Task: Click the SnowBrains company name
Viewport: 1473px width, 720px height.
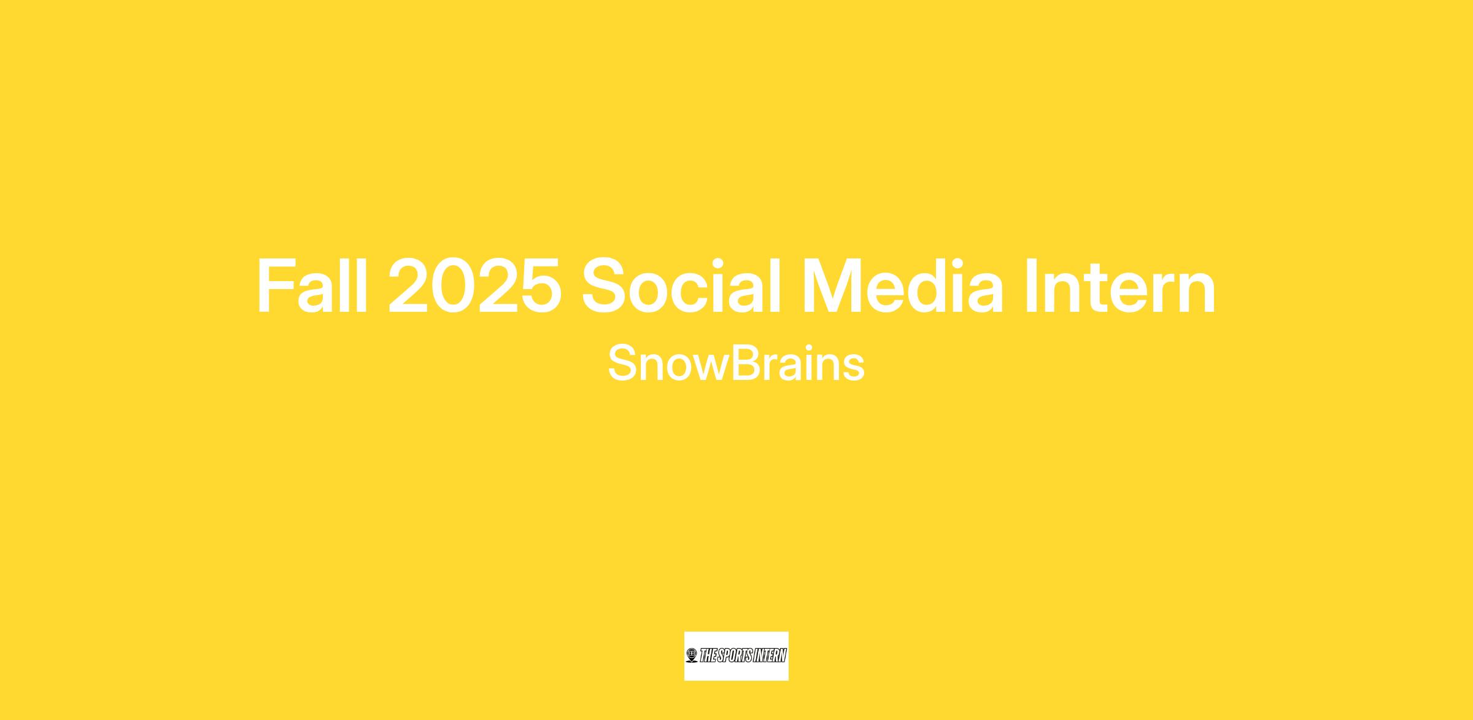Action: (736, 363)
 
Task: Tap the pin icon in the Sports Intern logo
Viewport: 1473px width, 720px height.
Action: (692, 656)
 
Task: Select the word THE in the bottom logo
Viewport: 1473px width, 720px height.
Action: (708, 656)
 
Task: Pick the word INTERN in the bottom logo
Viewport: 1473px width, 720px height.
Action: (768, 656)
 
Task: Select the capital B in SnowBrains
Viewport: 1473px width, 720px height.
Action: (746, 363)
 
